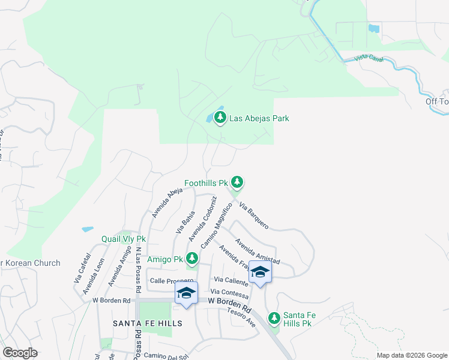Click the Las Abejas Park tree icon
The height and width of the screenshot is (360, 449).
pos(220,118)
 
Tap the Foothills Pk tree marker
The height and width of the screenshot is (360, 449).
pos(238,181)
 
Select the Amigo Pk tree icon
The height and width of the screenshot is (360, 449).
pos(192,259)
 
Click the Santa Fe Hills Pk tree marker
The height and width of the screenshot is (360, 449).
pos(274,317)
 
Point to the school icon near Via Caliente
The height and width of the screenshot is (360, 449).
pos(260,272)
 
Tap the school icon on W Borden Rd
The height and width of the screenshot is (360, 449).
pos(186,293)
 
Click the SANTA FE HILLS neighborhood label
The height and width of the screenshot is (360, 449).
pos(148,323)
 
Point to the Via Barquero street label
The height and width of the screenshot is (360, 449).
pos(254,215)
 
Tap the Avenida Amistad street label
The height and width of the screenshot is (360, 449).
pos(258,251)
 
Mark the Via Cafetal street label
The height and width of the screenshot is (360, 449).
pos(82,268)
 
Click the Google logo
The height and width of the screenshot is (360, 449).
pos(20,353)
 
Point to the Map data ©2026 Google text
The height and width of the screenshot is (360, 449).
pos(411,355)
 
